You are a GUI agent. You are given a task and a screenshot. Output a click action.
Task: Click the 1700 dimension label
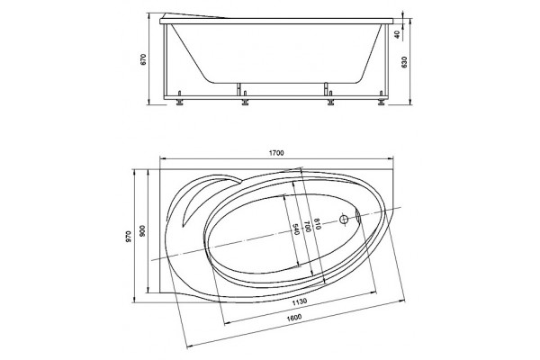click(x=276, y=153)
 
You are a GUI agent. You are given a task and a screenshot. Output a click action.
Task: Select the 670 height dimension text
click(x=144, y=59)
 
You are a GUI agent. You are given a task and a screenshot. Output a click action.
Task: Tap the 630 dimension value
click(x=404, y=62)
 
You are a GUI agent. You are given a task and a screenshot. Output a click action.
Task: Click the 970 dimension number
click(x=128, y=237)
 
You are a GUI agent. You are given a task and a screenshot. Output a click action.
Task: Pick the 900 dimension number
click(x=143, y=230)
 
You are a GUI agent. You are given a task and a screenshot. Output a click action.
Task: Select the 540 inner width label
click(x=295, y=229)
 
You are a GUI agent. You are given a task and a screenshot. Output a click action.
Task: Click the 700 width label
click(x=307, y=226)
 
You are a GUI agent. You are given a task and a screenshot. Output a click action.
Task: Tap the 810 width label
click(x=317, y=223)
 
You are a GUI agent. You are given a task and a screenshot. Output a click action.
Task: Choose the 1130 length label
click(x=299, y=302)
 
